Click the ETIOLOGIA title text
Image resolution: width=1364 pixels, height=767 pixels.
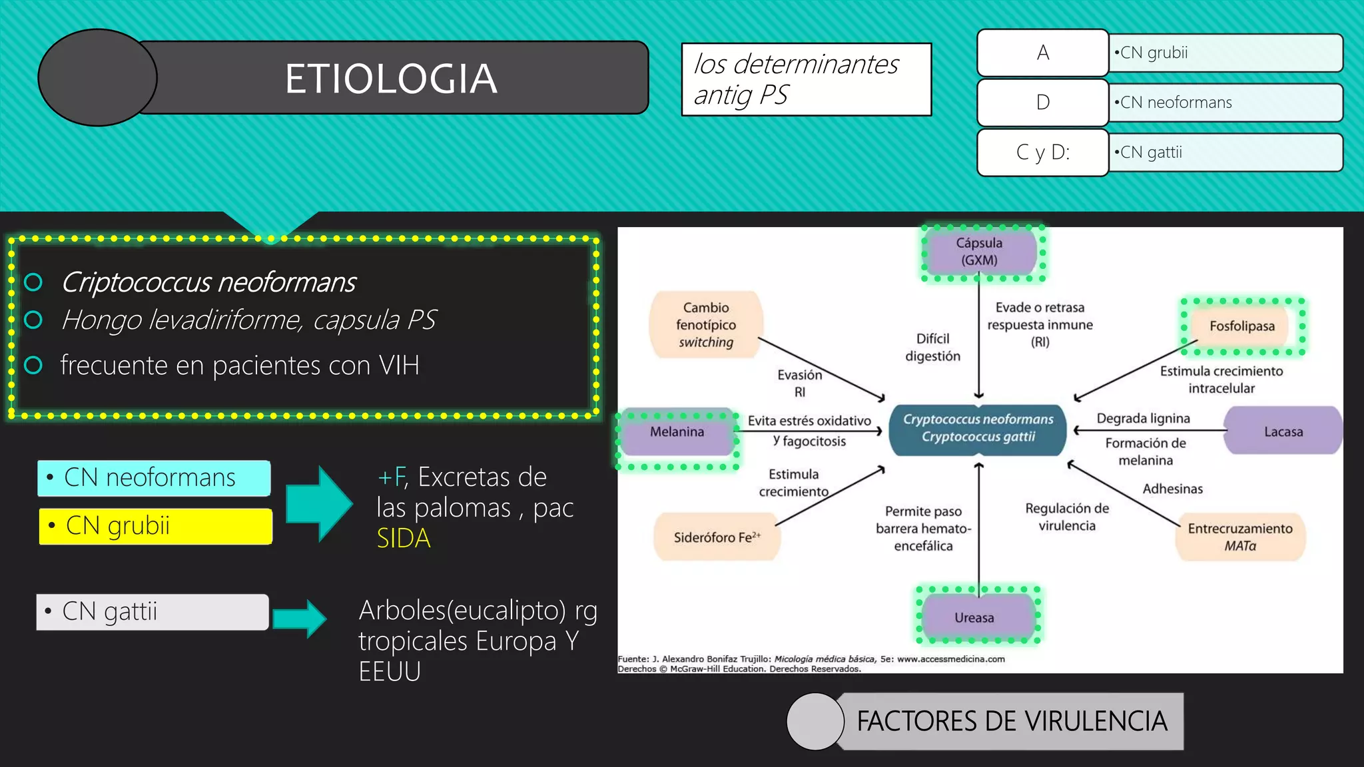pos(391,79)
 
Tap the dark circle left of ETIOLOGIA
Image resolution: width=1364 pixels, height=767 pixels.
pos(97,78)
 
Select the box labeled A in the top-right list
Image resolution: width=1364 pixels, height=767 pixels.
pos(1042,53)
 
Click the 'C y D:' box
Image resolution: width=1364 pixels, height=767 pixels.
pos(1042,152)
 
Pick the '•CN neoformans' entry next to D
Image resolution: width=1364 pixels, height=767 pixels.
pos(1225,103)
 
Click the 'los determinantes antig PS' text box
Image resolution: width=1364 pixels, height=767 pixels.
pos(806,79)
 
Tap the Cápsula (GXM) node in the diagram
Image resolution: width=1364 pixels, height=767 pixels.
pos(980,252)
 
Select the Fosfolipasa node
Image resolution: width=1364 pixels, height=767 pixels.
pos(1242,326)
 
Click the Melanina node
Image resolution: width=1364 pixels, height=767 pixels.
pos(677,432)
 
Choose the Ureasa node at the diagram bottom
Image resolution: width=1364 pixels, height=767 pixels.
pos(974,617)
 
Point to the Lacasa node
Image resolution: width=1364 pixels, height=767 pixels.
pos(1283,431)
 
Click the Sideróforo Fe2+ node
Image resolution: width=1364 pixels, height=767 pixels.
pos(717,537)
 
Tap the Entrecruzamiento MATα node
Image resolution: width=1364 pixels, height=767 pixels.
pos(1240,537)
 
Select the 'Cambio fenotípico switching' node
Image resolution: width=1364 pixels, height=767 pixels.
pos(706,325)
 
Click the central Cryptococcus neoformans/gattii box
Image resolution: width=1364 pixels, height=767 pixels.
pos(978,428)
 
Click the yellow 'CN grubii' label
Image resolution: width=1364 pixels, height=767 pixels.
pos(155,526)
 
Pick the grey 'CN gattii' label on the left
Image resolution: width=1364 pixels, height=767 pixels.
pos(153,612)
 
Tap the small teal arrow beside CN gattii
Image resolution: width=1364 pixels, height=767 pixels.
pos(300,619)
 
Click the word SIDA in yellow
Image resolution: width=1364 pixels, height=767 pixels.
pos(404,538)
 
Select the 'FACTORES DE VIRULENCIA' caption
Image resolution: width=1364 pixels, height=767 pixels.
pos(1011,721)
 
